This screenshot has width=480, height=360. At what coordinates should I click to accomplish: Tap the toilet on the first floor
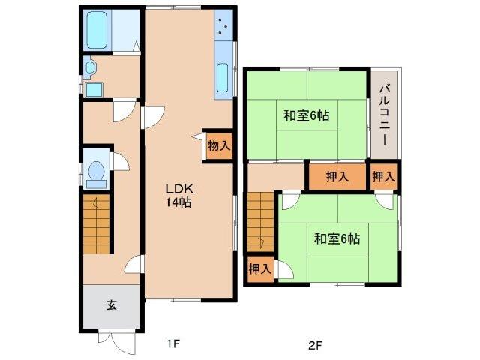pyautogui.click(x=95, y=172)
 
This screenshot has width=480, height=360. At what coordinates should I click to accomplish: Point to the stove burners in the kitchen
pyautogui.click(x=224, y=27)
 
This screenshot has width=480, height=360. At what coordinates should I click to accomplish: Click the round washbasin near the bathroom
pyautogui.click(x=91, y=68)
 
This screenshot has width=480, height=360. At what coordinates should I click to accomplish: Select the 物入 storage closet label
pyautogui.click(x=217, y=146)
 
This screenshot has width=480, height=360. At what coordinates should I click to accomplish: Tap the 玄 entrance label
pyautogui.click(x=111, y=305)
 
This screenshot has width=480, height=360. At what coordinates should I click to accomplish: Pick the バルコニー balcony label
pyautogui.click(x=384, y=114)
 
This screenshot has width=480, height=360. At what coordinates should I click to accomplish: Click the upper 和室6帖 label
pyautogui.click(x=306, y=116)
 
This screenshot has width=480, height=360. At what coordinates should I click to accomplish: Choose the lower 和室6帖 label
pyautogui.click(x=337, y=238)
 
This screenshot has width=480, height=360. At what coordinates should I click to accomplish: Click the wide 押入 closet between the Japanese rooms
pyautogui.click(x=337, y=178)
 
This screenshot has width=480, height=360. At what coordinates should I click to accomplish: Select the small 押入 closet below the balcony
pyautogui.click(x=384, y=178)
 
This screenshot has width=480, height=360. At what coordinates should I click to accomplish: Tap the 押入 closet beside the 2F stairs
pyautogui.click(x=259, y=268)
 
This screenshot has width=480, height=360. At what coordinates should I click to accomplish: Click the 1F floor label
pyautogui.click(x=172, y=344)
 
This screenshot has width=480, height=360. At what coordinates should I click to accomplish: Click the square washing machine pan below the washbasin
pyautogui.click(x=93, y=91)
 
